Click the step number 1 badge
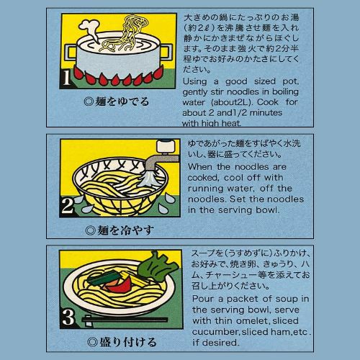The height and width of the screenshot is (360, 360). [x=66, y=78]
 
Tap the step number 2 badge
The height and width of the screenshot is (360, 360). [x=67, y=206]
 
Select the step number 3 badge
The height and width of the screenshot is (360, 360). [x=68, y=318]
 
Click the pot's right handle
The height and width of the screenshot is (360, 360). [x=166, y=51]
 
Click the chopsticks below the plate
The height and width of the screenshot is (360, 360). [x=125, y=320]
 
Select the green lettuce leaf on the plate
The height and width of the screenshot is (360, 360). [x=158, y=266]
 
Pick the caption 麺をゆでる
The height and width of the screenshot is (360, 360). [x=117, y=102]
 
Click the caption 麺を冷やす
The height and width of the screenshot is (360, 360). [x=120, y=230]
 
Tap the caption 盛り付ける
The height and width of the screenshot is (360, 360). [x=122, y=342]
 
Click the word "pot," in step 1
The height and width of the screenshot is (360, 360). [x=290, y=81]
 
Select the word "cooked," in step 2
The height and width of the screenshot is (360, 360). [x=203, y=178]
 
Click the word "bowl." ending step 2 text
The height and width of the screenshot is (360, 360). [x=268, y=210]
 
